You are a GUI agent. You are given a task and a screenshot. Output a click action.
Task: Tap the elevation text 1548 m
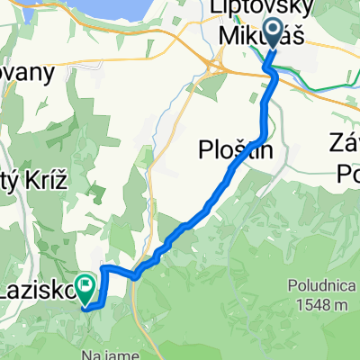[320, 305]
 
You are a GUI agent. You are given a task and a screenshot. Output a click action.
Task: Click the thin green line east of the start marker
[324, 86]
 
